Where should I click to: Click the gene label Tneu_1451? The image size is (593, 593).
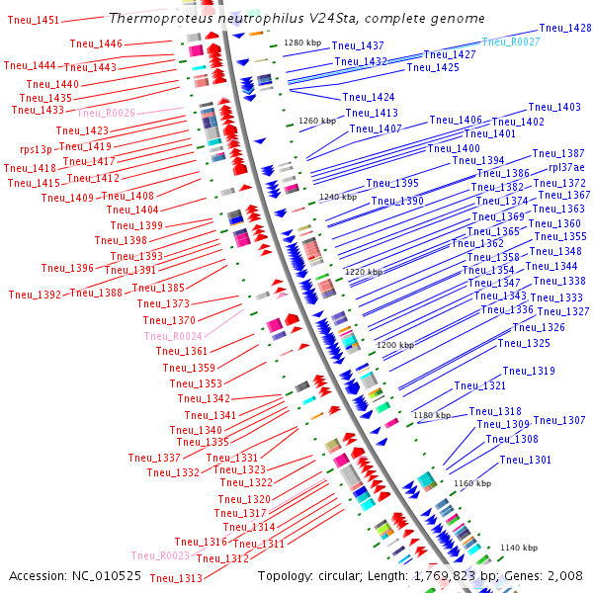[33, 20]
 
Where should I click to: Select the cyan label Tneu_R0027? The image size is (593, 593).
[511, 42]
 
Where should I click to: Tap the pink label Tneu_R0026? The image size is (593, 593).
[106, 114]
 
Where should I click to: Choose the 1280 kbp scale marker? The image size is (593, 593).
[302, 42]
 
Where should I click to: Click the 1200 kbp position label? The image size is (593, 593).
[394, 345]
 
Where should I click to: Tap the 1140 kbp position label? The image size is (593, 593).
[519, 548]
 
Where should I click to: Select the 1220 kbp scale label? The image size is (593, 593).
[363, 272]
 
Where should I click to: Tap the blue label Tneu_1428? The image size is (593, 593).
[565, 29]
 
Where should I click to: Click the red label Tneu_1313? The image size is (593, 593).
[176, 578]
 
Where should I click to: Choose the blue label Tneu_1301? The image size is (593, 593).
[526, 460]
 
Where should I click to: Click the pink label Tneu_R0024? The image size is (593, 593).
[173, 336]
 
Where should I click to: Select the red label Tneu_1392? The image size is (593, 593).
[35, 295]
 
